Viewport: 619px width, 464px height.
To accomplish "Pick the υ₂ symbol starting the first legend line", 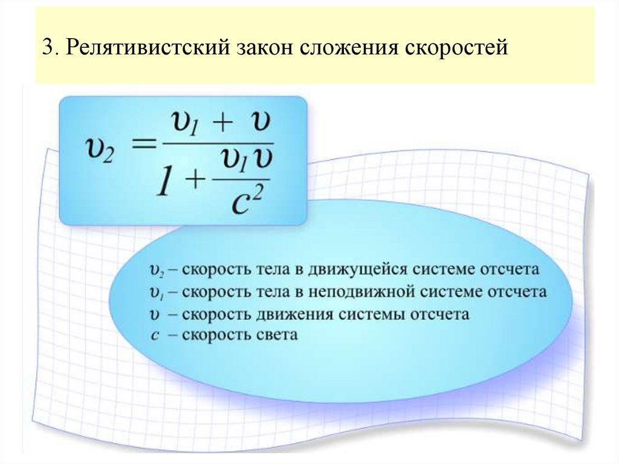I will click(157, 270).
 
